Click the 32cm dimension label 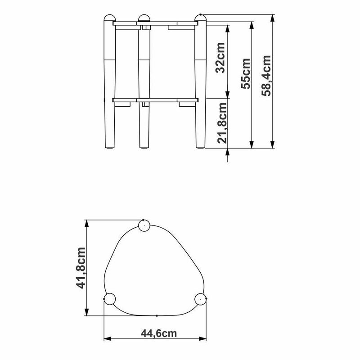coord(220,58)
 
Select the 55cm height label coord(246,73)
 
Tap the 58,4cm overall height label coord(266,76)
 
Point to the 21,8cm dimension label coord(222,123)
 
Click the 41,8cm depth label coord(81,268)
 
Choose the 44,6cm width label coord(159,333)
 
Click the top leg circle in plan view coord(144,225)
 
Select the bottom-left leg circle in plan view coord(110,299)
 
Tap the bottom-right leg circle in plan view coord(200,299)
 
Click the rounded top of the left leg coord(110,18)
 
